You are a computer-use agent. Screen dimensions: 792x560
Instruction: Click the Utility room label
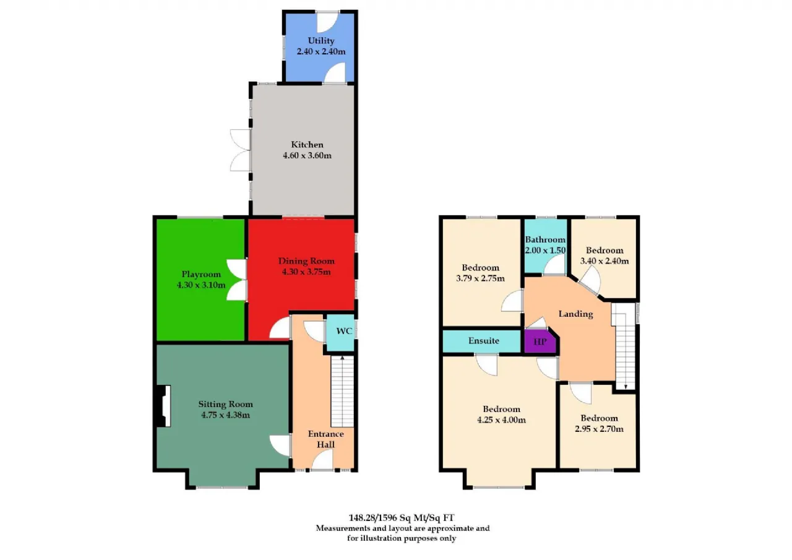pyautogui.click(x=321, y=41)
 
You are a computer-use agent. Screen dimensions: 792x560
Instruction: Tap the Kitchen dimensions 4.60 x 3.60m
pyautogui.click(x=307, y=155)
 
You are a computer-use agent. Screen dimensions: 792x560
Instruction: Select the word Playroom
pyautogui.click(x=201, y=274)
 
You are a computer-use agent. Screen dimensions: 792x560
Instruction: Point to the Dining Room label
pyautogui.click(x=306, y=261)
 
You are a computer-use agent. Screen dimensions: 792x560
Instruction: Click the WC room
pyautogui.click(x=340, y=332)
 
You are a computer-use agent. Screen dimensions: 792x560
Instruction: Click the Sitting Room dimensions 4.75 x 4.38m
pyautogui.click(x=226, y=415)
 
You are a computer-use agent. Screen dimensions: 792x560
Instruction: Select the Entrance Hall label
pyautogui.click(x=325, y=439)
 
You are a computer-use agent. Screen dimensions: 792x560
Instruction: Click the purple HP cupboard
pyautogui.click(x=540, y=342)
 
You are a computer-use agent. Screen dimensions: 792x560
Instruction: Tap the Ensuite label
pyautogui.click(x=484, y=340)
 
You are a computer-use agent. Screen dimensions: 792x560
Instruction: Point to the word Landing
pyautogui.click(x=575, y=314)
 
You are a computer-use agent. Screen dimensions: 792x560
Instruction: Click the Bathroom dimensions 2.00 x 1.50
pyautogui.click(x=545, y=251)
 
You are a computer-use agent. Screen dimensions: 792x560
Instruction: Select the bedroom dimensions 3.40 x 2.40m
pyautogui.click(x=605, y=261)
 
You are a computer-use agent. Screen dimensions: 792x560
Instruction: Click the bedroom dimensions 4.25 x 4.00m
pyautogui.click(x=501, y=420)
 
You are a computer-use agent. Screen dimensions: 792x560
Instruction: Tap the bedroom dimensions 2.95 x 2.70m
pyautogui.click(x=599, y=429)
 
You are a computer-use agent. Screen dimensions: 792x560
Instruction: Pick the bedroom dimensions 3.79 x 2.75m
pyautogui.click(x=480, y=278)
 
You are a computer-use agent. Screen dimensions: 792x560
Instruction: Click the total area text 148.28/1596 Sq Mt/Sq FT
pyautogui.click(x=402, y=518)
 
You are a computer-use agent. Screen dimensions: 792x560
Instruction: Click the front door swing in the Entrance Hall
pyautogui.click(x=322, y=460)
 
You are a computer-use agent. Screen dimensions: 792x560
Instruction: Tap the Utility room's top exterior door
pyautogui.click(x=327, y=22)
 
